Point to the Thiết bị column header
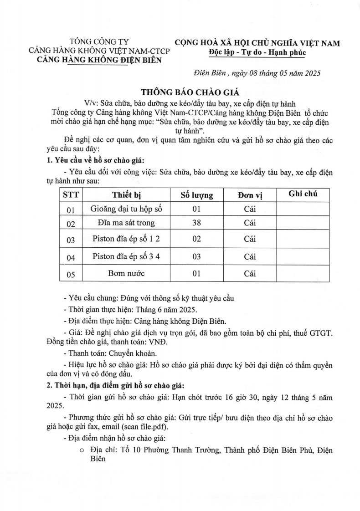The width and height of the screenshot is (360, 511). (127, 195)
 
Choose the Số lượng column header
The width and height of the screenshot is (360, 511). (197, 195)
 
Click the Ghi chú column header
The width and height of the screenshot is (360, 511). (303, 194)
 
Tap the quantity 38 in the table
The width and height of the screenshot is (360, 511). (197, 223)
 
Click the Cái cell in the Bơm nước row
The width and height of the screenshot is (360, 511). (250, 274)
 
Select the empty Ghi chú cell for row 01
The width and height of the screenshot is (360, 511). (303, 210)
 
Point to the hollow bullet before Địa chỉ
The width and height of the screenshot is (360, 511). (82, 450)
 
